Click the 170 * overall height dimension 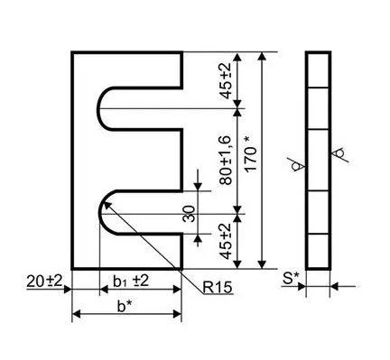coord(251,154)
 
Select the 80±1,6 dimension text coord(226,161)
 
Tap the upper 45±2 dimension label coord(226,80)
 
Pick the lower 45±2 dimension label coord(226,241)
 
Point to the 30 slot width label coord(189,214)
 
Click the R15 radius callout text coord(218,288)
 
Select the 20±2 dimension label coord(44,282)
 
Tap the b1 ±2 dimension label coord(131,281)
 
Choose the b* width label coord(125,306)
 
